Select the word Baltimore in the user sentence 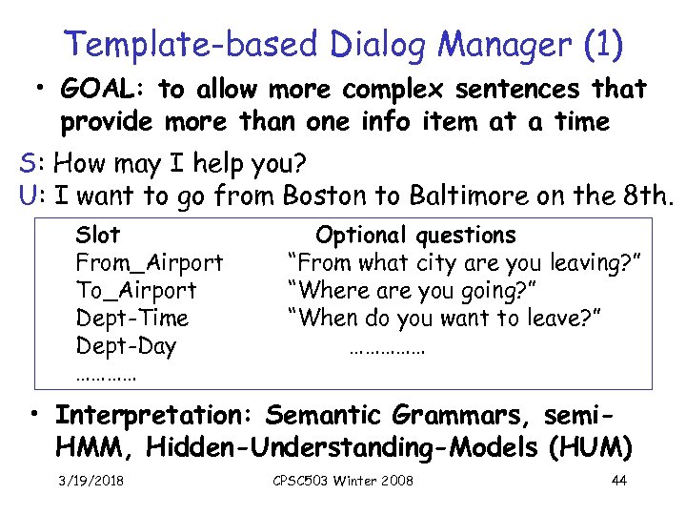click(x=465, y=197)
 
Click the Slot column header click(x=97, y=235)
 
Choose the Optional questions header click(x=415, y=235)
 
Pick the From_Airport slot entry click(x=150, y=262)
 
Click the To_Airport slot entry click(x=135, y=290)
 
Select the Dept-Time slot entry click(x=131, y=318)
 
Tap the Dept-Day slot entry click(x=126, y=346)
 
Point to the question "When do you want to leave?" click(x=452, y=318)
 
